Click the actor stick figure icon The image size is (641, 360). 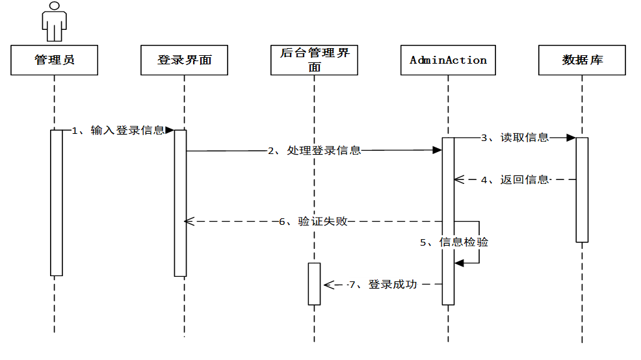[55, 22]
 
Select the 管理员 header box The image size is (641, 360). [55, 60]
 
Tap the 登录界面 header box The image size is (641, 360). [184, 60]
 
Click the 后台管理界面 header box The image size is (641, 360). [315, 60]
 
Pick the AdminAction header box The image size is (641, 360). [448, 60]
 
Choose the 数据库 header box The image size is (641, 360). [582, 60]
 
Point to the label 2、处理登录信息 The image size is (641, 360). [314, 151]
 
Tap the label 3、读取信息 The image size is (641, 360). [514, 138]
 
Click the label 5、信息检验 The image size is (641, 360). [454, 242]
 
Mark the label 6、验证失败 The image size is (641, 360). [313, 222]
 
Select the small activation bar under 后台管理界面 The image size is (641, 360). [315, 284]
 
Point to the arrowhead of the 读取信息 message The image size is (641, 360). [571, 138]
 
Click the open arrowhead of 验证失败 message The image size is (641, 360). [189, 222]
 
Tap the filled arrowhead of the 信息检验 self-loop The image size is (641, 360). [458, 263]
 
